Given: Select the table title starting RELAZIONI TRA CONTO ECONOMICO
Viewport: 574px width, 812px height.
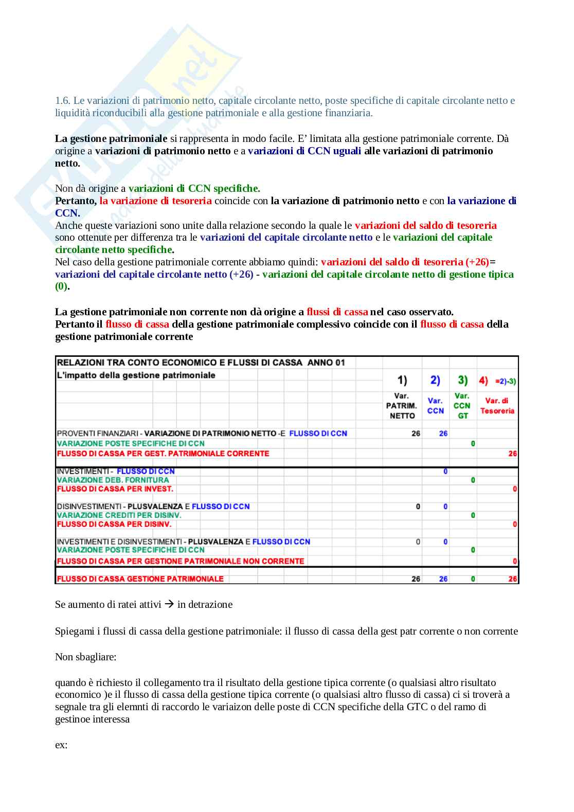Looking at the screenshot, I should pyautogui.click(x=201, y=363).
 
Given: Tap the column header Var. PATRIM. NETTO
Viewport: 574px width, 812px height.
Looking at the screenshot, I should pyautogui.click(x=401, y=406).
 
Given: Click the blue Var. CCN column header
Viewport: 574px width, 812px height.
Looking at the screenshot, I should pyautogui.click(x=435, y=406).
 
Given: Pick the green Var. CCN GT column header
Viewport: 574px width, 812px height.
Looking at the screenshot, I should pyautogui.click(x=462, y=406).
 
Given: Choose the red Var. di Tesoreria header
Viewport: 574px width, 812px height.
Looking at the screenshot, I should pyautogui.click(x=497, y=406).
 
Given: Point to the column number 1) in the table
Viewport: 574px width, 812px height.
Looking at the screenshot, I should pyautogui.click(x=402, y=381).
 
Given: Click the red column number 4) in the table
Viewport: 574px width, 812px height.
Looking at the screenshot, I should pyautogui.click(x=483, y=381).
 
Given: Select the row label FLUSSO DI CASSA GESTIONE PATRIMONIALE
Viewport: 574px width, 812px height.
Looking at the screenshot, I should pyautogui.click(x=140, y=579).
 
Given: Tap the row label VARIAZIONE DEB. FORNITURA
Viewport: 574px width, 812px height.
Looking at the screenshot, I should pyautogui.click(x=113, y=480).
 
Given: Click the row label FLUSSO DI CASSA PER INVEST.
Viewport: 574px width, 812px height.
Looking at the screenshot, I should pyautogui.click(x=115, y=489).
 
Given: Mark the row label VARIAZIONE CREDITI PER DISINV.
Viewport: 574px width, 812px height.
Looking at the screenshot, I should pyautogui.click(x=119, y=515).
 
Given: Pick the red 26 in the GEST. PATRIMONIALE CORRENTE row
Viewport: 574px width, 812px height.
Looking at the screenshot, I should pyautogui.click(x=512, y=454).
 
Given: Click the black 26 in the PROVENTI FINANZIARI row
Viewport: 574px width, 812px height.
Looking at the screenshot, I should pyautogui.click(x=416, y=434).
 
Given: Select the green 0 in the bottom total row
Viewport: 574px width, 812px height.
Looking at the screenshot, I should pyautogui.click(x=473, y=579).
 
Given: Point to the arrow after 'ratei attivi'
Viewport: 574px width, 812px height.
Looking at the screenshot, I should pyautogui.click(x=169, y=604).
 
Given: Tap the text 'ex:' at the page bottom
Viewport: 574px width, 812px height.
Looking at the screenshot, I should pyautogui.click(x=61, y=745).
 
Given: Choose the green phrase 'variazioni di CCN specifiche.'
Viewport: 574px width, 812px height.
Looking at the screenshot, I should pyautogui.click(x=194, y=188).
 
